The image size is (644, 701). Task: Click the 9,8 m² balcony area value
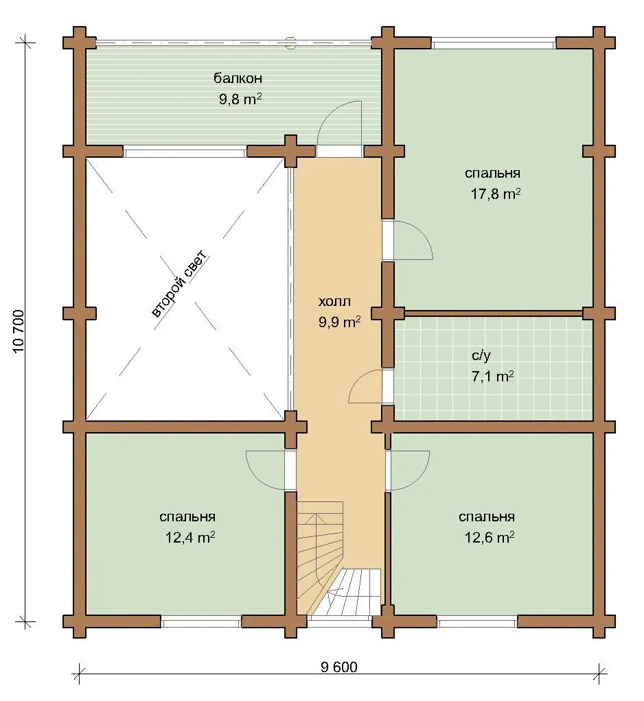240,98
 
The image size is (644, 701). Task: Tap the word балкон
238,79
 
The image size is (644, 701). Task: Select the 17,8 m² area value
496,193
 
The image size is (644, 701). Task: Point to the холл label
334,302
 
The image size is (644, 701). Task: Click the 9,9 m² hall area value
340,322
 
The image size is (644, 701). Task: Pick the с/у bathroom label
481,356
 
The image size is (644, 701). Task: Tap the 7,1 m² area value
493,376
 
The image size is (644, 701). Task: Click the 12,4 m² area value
190,536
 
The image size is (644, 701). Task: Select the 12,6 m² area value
489,536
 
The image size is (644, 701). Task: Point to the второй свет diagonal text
179,285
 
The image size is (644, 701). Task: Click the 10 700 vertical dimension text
19,331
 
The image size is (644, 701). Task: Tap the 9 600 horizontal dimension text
339,667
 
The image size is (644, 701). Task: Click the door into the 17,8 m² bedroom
407,239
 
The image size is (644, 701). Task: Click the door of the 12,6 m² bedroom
407,470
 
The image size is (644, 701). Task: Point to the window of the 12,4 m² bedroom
201,621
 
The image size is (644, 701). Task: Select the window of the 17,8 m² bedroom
494,45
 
